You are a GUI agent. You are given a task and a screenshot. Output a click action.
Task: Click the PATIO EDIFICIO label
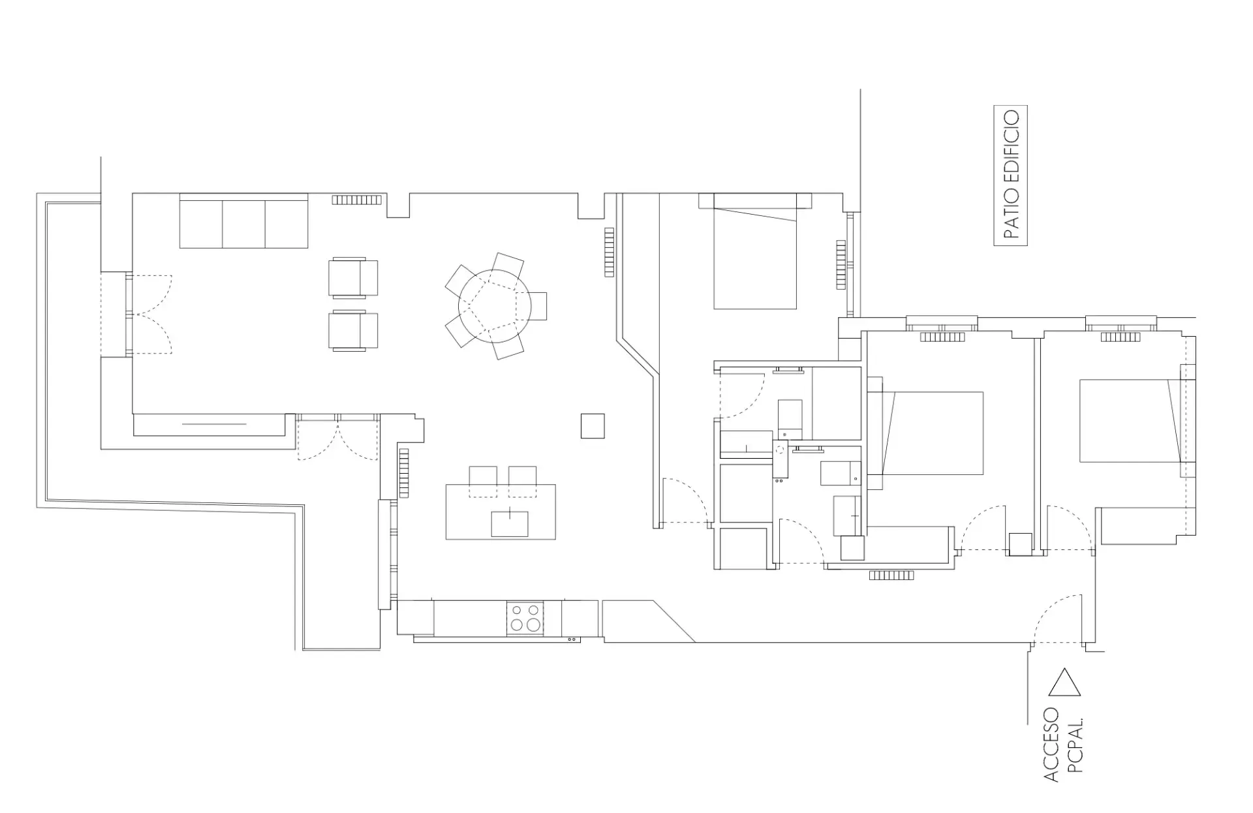pos(1010,175)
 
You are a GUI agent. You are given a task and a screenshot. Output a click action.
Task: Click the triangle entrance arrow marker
pos(1064,682)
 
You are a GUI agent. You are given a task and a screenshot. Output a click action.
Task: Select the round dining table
pos(494,306)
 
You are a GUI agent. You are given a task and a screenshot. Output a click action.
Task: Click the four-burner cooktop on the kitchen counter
pos(525,618)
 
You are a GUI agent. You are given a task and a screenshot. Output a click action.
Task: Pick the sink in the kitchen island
pos(510,524)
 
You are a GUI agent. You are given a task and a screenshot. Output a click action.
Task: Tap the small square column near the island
pos(593,426)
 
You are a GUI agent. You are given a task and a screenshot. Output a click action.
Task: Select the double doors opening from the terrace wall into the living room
pos(149,314)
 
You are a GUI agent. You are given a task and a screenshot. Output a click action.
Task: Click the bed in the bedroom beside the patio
pos(755,251)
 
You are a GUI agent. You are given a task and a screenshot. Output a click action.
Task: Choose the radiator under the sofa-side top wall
pos(356,200)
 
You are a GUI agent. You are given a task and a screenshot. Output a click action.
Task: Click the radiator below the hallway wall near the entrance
pos(891,575)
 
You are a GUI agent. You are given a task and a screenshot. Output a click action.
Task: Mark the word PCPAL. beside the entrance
pos(1075,745)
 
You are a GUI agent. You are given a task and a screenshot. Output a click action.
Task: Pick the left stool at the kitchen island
pos(483,482)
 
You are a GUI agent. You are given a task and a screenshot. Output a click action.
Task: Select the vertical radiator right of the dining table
pos(610,252)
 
